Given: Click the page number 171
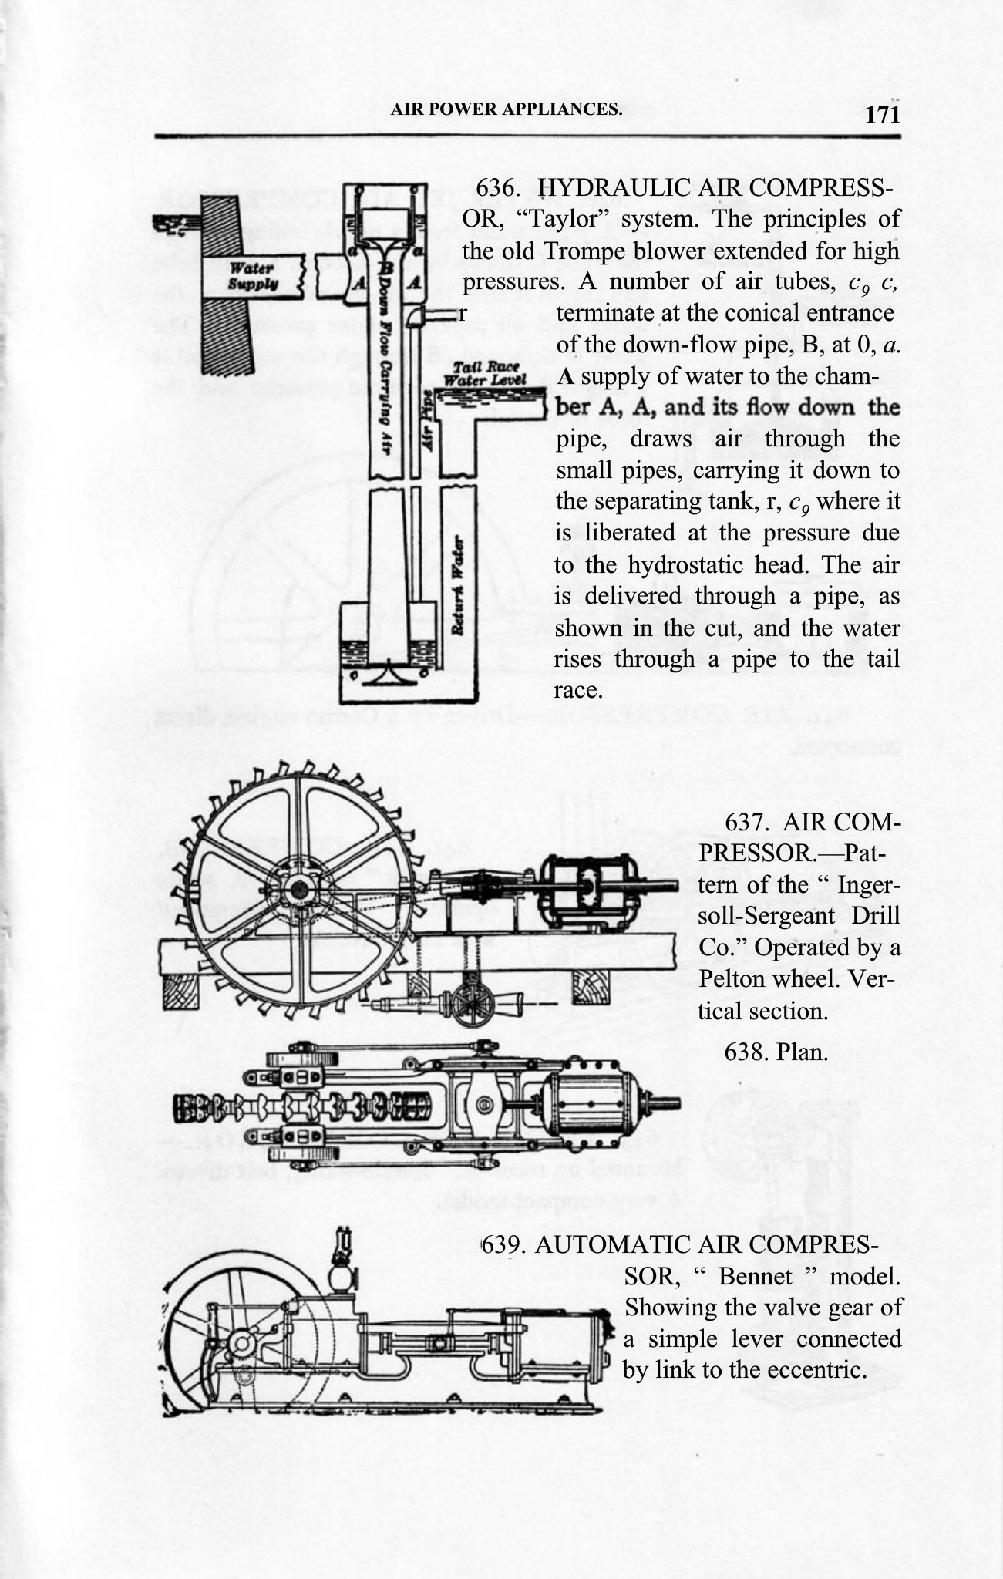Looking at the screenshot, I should pos(882,116).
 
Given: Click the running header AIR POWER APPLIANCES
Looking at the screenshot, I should pos(506,109).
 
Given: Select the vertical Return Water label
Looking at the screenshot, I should pos(458,585).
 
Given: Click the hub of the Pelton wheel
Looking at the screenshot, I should pos(298,890).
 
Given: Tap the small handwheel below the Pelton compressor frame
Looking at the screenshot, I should pos(473,1005).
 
